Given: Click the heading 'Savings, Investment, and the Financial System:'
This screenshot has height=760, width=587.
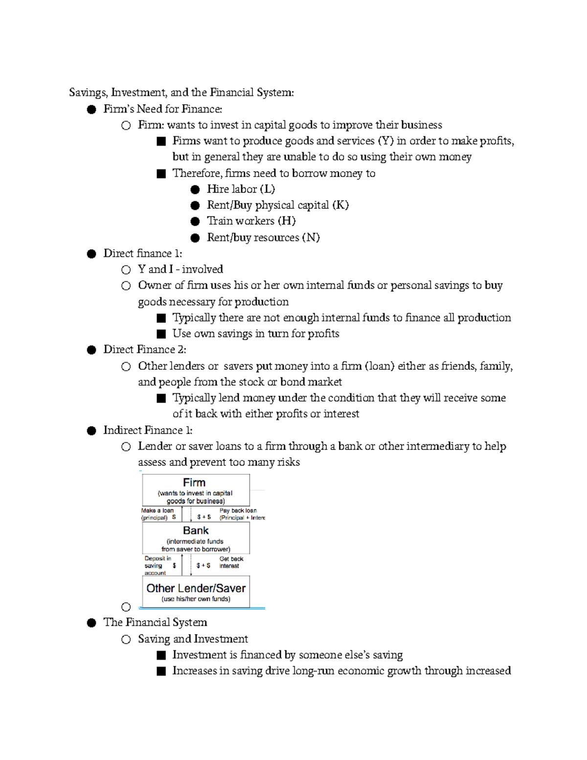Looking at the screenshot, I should (x=181, y=92).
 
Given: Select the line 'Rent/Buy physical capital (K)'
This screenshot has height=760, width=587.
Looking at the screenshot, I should (x=277, y=205).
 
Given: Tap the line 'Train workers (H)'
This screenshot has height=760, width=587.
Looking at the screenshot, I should (x=251, y=221).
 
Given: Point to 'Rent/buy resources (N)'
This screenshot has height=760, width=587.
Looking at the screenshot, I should (x=263, y=237).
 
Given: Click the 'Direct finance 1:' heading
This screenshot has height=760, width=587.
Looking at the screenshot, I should (x=142, y=253).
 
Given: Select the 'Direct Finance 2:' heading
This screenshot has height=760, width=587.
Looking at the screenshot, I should (x=145, y=349).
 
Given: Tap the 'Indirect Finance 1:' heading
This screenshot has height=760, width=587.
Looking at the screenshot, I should (x=148, y=430).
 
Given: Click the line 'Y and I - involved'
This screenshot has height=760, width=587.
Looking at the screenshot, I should (x=180, y=269).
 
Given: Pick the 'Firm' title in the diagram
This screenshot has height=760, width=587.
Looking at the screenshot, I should (x=194, y=483).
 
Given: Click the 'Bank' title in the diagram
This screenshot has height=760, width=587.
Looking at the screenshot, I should (x=196, y=530).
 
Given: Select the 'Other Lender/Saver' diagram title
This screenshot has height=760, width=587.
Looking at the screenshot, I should (x=196, y=588).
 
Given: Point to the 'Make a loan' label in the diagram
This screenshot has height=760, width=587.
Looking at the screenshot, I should (x=157, y=510).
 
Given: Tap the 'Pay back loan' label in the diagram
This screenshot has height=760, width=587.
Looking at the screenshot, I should (x=238, y=510).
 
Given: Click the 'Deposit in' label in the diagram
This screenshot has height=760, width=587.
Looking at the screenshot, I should (x=158, y=558).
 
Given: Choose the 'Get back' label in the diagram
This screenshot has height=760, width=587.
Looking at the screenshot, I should (x=231, y=559).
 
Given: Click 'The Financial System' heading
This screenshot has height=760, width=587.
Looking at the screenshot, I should (x=155, y=622).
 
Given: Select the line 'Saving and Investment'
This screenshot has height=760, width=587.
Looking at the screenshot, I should (x=193, y=639).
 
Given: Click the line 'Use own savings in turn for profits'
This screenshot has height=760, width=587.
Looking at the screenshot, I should (x=255, y=334).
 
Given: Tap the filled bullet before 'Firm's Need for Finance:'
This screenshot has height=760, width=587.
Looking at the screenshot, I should (x=91, y=109).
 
